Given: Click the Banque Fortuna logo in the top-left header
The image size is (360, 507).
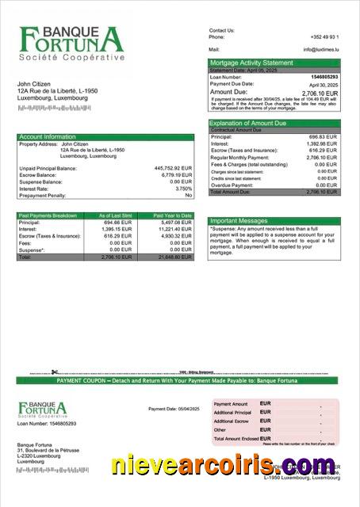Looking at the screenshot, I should pyautogui.click(x=72, y=44).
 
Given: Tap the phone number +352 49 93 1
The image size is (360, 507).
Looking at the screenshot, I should pyautogui.click(x=324, y=37).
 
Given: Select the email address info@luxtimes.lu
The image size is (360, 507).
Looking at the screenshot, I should pyautogui.click(x=320, y=49).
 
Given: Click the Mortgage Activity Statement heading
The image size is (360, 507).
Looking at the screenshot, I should pyautogui.click(x=251, y=63).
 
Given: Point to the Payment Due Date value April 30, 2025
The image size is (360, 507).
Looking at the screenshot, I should pyautogui.click(x=324, y=84).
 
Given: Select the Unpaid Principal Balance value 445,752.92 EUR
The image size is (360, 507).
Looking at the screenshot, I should pyautogui.click(x=173, y=168).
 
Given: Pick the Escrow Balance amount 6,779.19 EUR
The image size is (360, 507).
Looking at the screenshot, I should pyautogui.click(x=175, y=175).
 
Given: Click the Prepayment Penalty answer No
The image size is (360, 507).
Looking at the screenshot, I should pyautogui.click(x=188, y=195).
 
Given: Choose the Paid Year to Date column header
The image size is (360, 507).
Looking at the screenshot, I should pyautogui.click(x=172, y=215).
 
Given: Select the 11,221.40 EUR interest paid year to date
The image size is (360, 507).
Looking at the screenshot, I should pyautogui.click(x=175, y=229).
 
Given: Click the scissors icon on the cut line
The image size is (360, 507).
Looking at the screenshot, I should pyautogui.click(x=55, y=372).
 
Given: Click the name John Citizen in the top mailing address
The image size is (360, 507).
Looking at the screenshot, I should pyautogui.click(x=36, y=84).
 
